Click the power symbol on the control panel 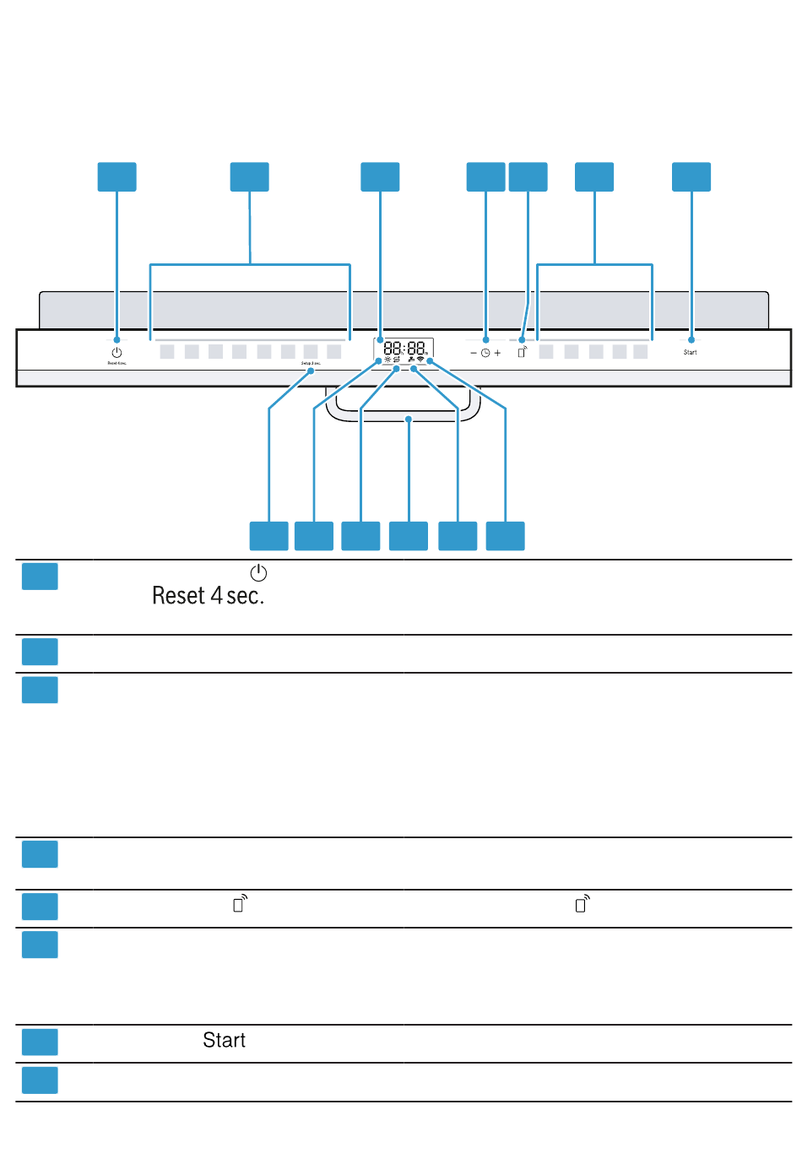point(117,353)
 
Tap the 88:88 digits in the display point(404,348)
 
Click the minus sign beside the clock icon point(474,353)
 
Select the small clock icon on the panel point(485,353)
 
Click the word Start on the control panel point(691,352)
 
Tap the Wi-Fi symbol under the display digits point(420,360)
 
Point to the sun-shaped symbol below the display point(387,360)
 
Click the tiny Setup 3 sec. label point(311,364)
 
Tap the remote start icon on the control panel point(523,351)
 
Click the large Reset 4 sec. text point(208,596)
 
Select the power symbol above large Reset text point(258,573)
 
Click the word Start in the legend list point(224,1041)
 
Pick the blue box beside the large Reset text point(40,577)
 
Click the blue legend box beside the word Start point(40,1042)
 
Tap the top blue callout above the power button point(117,177)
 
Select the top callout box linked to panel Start point(691,177)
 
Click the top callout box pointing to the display point(380,177)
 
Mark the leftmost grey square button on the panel point(167,352)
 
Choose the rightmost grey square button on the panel point(641,352)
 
